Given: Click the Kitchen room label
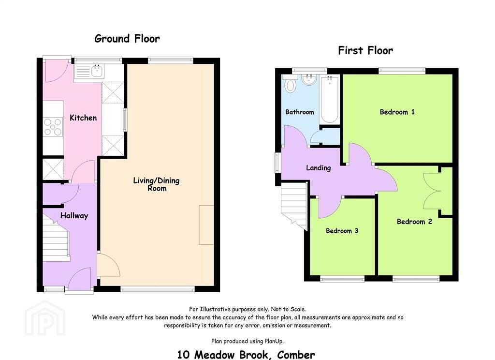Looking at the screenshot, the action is coord(83,118).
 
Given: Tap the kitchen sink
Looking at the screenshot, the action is coord(89,72).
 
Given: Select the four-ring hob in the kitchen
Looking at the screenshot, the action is coord(53,126).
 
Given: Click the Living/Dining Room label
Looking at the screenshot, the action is coord(156,184).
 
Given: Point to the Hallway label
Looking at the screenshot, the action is coord(74,215).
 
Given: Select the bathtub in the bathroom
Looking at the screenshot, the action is coord(329,100).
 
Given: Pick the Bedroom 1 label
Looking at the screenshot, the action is coord(397,112).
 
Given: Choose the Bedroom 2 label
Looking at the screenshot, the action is coord(414,222).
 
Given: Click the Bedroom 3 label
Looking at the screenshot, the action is coord(342,231).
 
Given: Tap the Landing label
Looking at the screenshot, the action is coord(318,168).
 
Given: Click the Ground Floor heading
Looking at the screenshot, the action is coord(127,39).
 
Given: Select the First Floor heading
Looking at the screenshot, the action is coord(365,50).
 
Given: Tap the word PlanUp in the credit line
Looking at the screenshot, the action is coord(274,341).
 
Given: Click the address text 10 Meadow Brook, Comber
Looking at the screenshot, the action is coord(246,355).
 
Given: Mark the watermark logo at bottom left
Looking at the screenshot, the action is coord(45,318).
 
